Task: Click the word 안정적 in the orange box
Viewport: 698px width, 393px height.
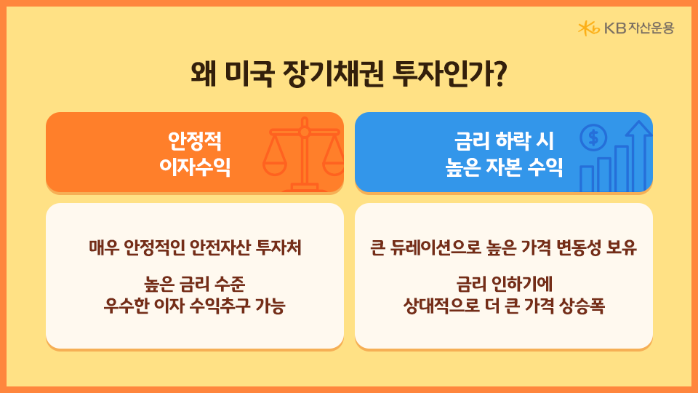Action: [194, 139]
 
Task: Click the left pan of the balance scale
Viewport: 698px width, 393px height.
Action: [274, 164]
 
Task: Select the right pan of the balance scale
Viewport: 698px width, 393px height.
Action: [333, 164]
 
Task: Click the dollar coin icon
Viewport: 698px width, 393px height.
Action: [593, 137]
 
